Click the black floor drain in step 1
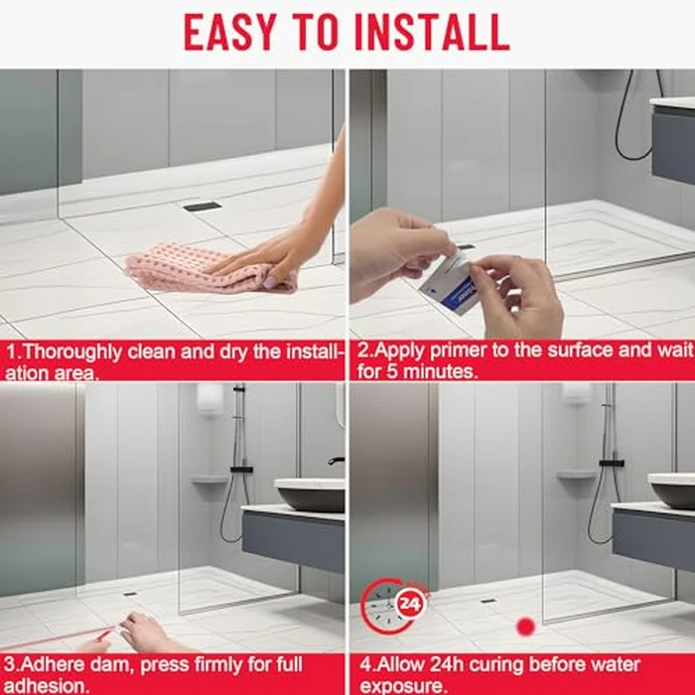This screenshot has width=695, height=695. click(202, 207)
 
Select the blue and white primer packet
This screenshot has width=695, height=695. click(443, 283)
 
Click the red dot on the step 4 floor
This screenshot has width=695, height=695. click(525, 626)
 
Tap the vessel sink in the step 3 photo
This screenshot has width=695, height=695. click(309, 493)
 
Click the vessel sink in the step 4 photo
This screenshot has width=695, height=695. click(672, 490)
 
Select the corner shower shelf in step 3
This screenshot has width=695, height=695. click(208, 480)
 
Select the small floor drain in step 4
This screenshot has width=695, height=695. click(487, 601)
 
